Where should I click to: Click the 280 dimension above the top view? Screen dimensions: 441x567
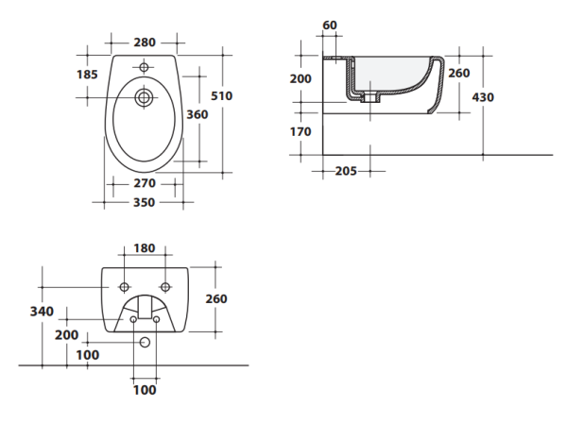click(145, 42)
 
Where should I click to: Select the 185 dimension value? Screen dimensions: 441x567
click(88, 73)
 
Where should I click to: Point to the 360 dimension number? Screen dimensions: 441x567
click(197, 114)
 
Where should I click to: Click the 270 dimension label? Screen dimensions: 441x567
click(144, 182)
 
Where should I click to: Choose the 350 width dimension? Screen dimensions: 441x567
click(144, 201)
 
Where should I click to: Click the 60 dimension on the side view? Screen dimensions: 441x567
click(330, 25)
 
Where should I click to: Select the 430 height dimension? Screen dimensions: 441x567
click(482, 96)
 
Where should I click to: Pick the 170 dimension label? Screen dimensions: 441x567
click(300, 131)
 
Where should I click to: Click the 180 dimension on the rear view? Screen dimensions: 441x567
click(144, 248)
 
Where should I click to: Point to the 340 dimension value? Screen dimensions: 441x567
click(42, 311)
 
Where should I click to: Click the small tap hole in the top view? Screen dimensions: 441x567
click(145, 67)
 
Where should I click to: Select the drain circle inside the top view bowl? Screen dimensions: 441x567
click(145, 97)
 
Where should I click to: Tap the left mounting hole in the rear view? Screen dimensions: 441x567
click(124, 286)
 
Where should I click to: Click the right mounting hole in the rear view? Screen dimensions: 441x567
click(165, 286)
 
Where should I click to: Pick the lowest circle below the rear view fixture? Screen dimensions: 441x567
click(144, 343)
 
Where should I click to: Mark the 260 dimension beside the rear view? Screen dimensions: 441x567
click(216, 298)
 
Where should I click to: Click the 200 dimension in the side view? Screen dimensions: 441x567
click(301, 78)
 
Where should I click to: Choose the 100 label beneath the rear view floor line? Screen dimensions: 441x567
click(144, 389)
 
